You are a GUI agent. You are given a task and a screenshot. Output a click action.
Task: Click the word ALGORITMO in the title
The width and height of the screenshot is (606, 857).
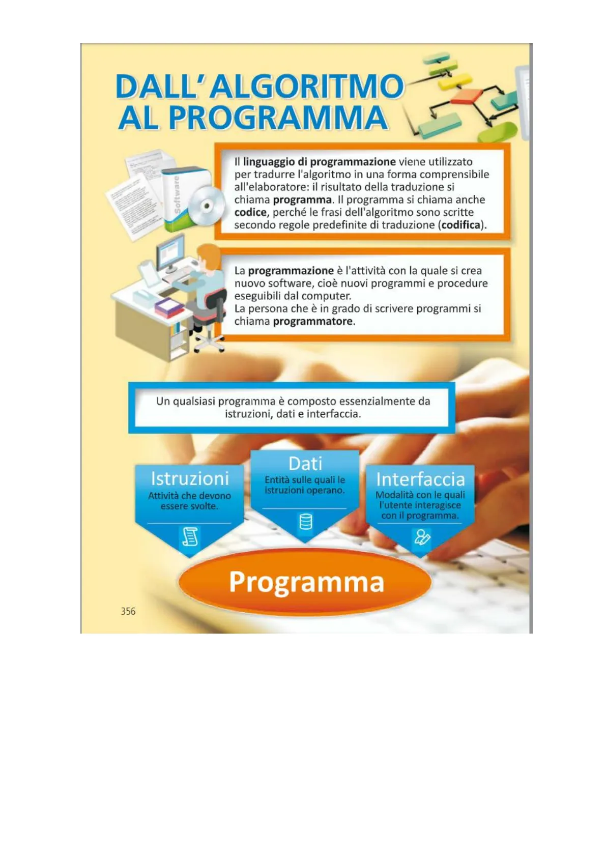click(307, 87)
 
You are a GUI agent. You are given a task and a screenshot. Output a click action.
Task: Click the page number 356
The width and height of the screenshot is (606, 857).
click(128, 611)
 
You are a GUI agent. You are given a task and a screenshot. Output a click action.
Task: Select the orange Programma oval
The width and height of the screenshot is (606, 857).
click(306, 582)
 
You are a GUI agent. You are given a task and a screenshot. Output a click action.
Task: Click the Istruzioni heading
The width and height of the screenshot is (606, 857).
click(190, 479)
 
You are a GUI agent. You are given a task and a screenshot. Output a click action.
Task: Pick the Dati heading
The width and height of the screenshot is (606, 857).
click(305, 464)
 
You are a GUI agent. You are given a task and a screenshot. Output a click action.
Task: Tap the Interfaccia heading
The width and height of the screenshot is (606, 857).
click(420, 479)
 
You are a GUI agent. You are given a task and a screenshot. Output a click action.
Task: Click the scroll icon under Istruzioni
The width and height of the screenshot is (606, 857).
click(190, 537)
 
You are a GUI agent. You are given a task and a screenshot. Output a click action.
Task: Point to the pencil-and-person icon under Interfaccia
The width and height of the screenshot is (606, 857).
click(422, 537)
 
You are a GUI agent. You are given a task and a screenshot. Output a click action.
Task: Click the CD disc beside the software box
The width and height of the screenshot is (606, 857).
click(207, 206)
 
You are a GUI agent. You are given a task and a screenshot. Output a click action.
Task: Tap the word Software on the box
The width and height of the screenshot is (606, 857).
click(177, 195)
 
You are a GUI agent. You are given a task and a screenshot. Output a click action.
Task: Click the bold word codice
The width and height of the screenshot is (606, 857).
click(250, 213)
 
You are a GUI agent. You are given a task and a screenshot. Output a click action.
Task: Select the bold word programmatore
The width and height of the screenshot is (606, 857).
click(313, 322)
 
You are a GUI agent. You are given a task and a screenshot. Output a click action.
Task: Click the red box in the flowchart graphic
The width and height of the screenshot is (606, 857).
click(467, 96)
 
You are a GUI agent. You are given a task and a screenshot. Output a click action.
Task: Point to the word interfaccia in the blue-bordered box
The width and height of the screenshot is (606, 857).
click(333, 414)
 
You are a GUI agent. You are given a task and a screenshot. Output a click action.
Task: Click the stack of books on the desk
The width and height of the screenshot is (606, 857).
click(168, 307)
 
